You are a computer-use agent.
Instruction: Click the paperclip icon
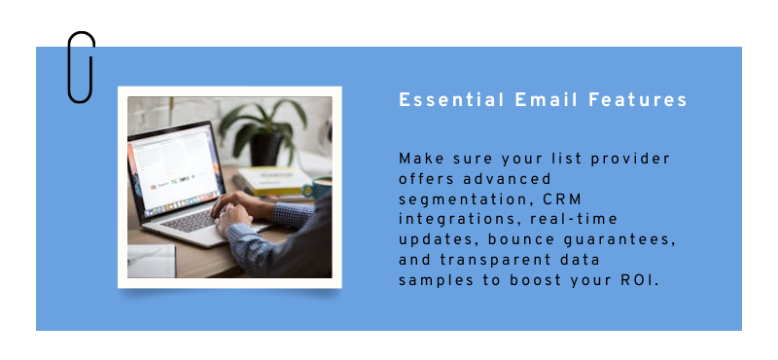pos(81,66)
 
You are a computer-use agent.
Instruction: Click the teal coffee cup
pos(322,188)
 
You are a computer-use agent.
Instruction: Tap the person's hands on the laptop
pos(238,211)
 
